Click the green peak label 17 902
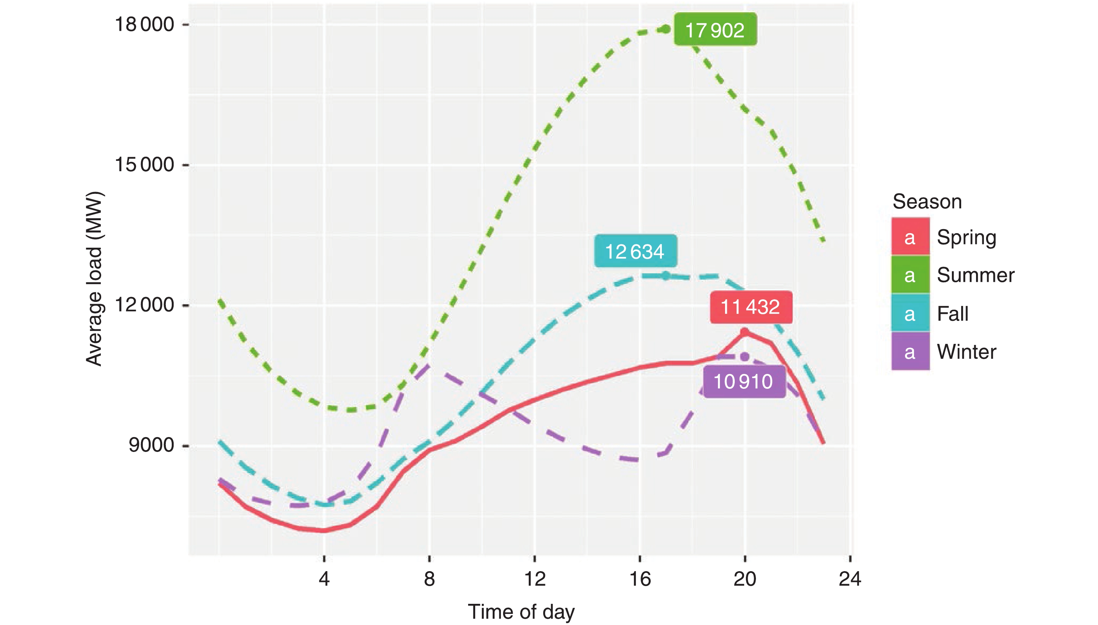[715, 30]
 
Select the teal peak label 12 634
[635, 251]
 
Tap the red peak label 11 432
[750, 307]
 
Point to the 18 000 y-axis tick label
[144, 25]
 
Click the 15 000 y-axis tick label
[144, 165]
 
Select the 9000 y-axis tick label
[151, 445]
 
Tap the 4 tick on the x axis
[324, 579]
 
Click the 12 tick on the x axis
[535, 579]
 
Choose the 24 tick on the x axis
[850, 579]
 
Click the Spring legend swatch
[910, 237]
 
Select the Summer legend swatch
[910, 275]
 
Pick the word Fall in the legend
[952, 314]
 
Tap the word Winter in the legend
[966, 352]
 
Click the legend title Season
[927, 201]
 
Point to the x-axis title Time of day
[521, 611]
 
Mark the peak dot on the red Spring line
[745, 332]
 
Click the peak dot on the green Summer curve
[666, 29]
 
